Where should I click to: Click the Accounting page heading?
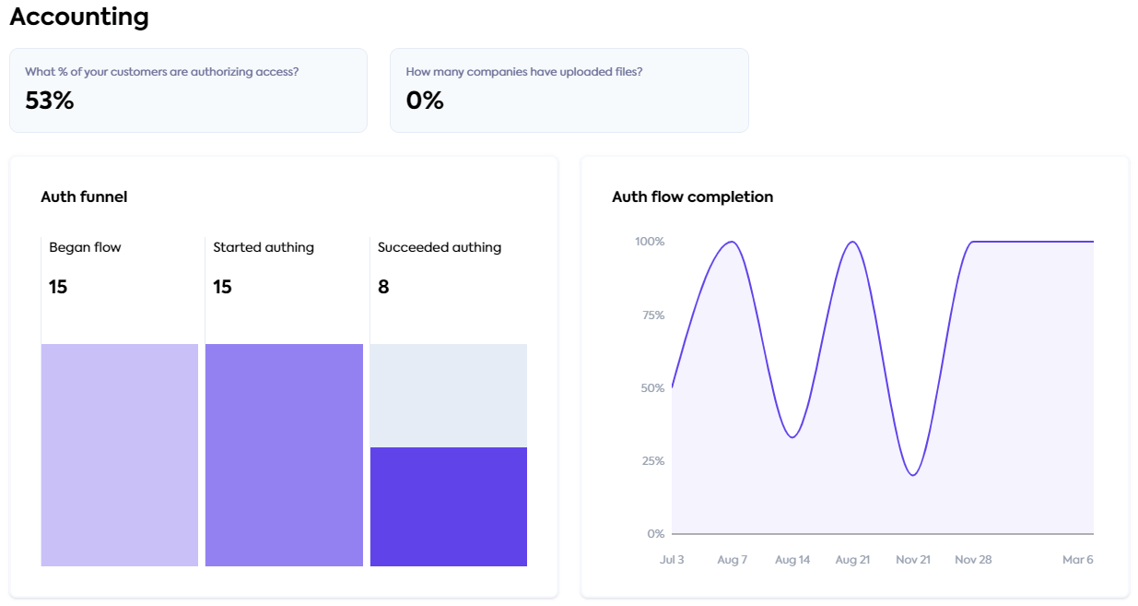pos(79,17)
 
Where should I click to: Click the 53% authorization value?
pos(49,101)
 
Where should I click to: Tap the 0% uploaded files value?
pos(425,101)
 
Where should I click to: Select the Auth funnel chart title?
pos(84,196)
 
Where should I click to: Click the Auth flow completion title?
pos(692,196)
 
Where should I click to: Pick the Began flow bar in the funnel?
pos(120,455)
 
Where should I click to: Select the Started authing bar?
pos(284,455)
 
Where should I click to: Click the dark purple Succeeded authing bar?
pos(449,506)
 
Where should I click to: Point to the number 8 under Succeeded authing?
pos(383,287)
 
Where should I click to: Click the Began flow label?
pos(85,247)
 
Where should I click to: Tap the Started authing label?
pos(264,247)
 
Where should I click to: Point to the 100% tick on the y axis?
pos(650,242)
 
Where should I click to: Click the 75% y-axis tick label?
pos(652,315)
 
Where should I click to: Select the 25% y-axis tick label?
pos(652,461)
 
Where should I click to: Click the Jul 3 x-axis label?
pos(672,560)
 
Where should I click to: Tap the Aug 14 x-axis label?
pos(792,560)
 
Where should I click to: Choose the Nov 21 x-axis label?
pos(912,560)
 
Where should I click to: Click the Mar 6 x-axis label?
pos(1077,560)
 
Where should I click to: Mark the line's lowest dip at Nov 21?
pos(912,475)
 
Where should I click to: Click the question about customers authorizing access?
pos(161,72)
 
